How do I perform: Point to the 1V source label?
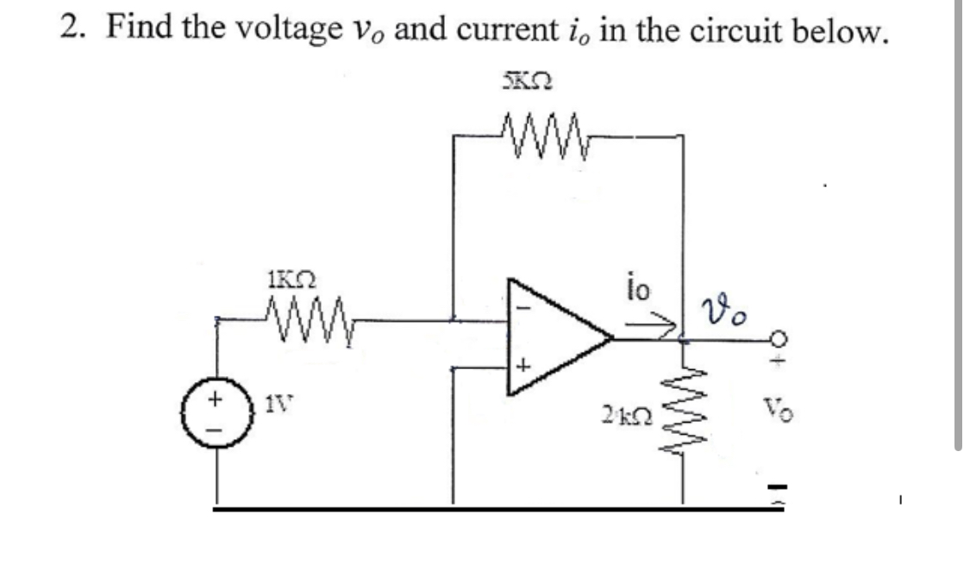[275, 401]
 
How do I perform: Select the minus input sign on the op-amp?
[520, 306]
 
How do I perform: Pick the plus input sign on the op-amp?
[521, 368]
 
